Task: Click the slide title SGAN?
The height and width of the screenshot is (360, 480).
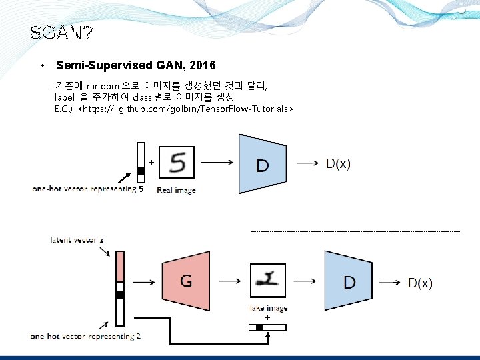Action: (x=61, y=33)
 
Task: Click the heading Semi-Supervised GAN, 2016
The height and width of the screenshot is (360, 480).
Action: (x=136, y=66)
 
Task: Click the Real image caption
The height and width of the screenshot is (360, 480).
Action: (x=176, y=190)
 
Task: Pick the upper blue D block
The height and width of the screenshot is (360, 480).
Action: (x=261, y=163)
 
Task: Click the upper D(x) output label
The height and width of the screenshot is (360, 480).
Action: (x=338, y=163)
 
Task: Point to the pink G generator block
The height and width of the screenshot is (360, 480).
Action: (x=186, y=281)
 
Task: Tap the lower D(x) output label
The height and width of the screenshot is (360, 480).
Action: (x=420, y=283)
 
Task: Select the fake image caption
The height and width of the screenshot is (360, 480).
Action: (x=269, y=308)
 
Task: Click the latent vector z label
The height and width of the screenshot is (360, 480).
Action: (x=77, y=239)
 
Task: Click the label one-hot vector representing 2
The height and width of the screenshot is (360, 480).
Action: (x=85, y=337)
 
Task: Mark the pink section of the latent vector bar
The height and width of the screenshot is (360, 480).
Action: (x=120, y=267)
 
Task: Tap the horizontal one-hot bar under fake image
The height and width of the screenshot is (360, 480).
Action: (x=268, y=327)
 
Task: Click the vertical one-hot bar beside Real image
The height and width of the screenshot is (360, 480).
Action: (x=141, y=163)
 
